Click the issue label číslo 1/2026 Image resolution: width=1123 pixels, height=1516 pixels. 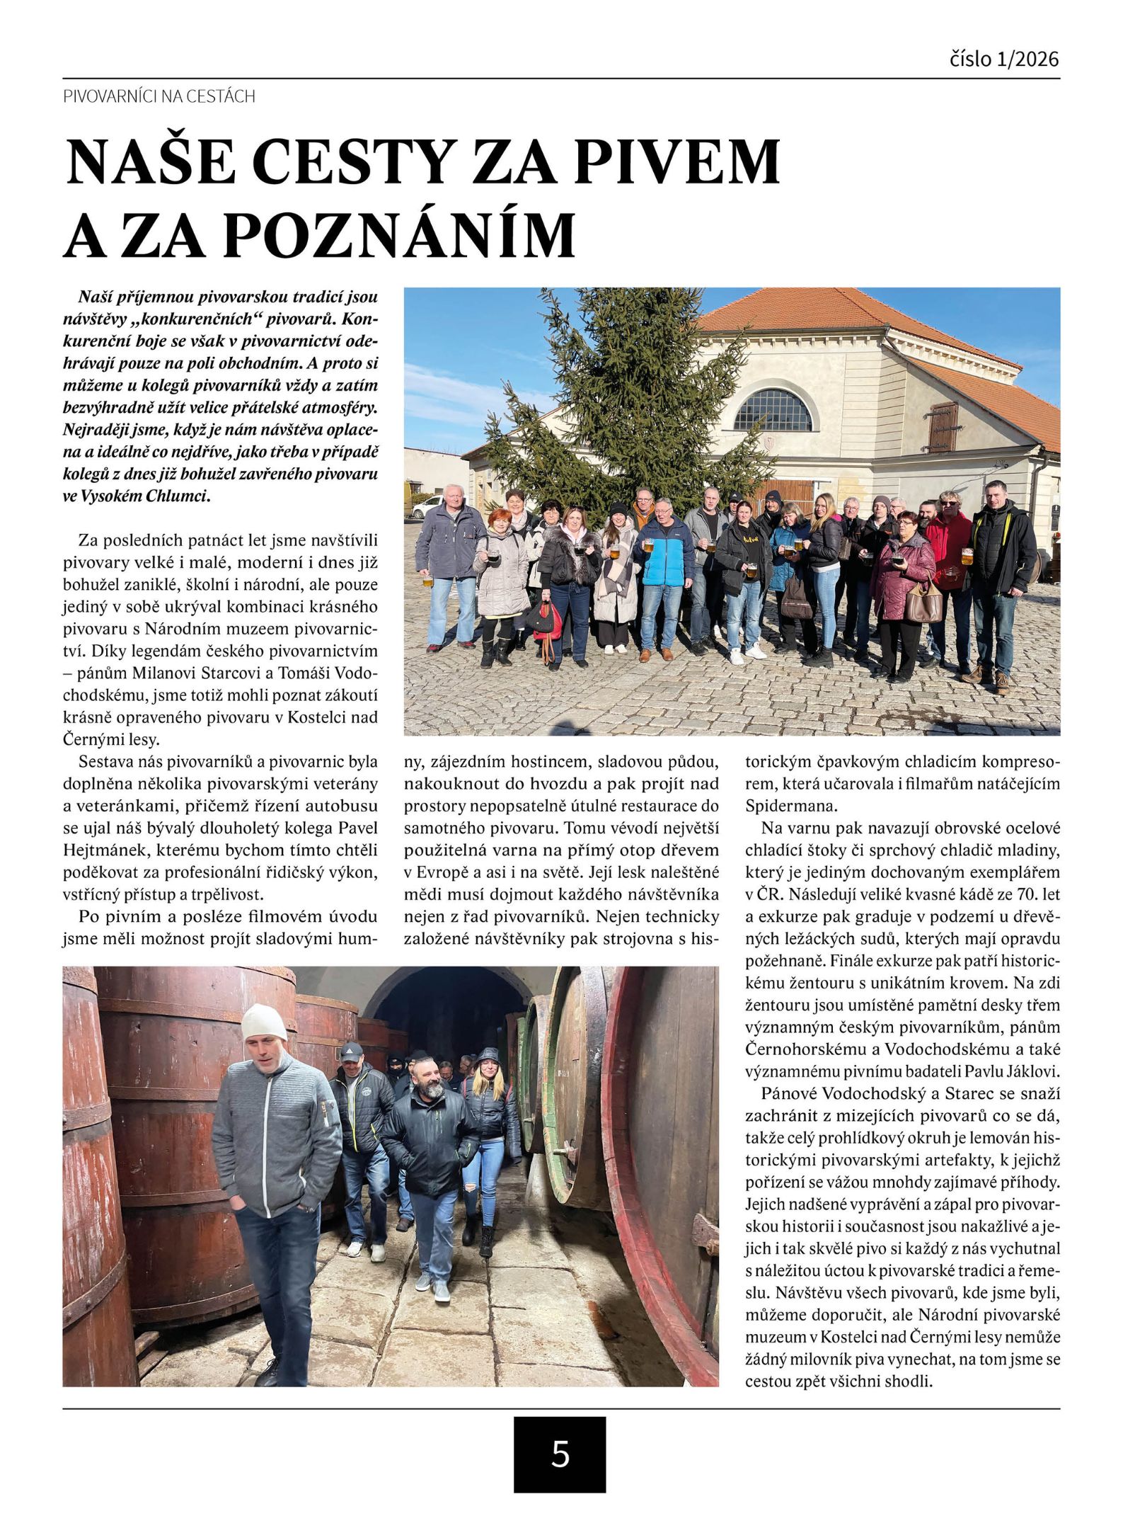point(1004,58)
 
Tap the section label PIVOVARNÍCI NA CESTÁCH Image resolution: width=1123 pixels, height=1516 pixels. point(159,96)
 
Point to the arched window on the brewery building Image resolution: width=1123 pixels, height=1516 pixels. point(773,410)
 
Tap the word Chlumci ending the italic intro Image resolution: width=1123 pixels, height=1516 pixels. point(177,496)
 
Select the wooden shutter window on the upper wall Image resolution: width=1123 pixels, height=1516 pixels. point(942,427)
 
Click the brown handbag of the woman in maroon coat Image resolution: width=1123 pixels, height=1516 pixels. point(923,603)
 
